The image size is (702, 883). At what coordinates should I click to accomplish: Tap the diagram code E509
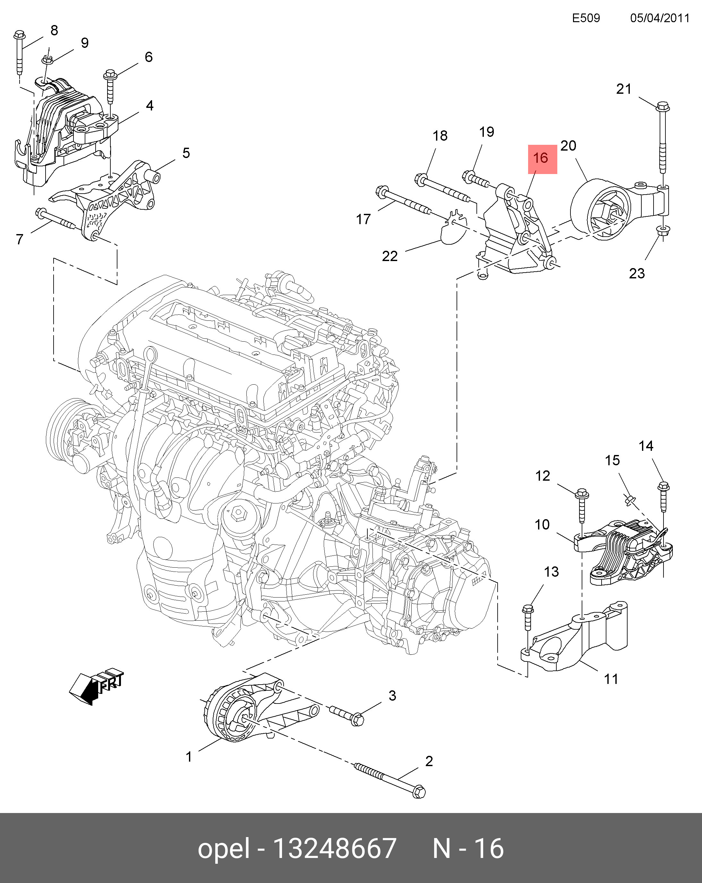(x=586, y=18)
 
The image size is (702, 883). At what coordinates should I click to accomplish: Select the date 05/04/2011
(x=659, y=18)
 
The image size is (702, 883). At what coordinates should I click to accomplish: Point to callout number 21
(x=624, y=89)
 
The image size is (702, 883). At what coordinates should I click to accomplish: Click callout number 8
(x=54, y=30)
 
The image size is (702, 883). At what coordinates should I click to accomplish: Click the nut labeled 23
(x=662, y=231)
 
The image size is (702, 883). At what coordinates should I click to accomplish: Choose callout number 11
(x=611, y=679)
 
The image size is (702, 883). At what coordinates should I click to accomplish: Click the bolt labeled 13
(x=528, y=618)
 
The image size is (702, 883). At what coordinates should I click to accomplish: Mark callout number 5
(x=186, y=153)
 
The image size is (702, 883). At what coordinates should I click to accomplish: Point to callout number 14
(x=646, y=446)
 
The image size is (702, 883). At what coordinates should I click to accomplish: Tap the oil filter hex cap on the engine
(x=238, y=512)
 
